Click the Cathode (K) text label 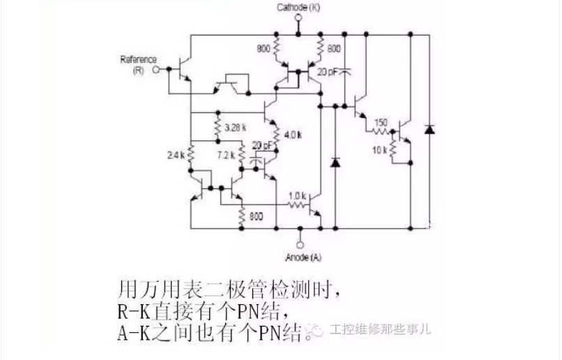(299, 7)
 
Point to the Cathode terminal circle (299, 33)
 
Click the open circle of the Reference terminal (158, 69)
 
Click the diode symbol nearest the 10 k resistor (429, 129)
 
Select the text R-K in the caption (132, 310)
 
